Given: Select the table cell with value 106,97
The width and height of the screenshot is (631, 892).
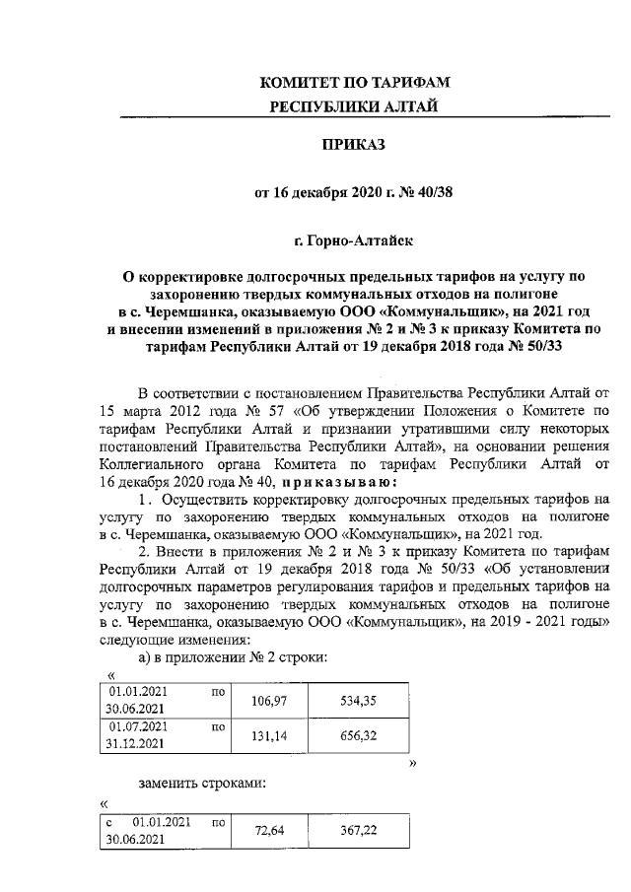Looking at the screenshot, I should pyautogui.click(x=267, y=700).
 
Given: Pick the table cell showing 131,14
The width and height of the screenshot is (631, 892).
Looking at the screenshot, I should pyautogui.click(x=267, y=735).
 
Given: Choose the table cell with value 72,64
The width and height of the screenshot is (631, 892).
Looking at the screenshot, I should pyautogui.click(x=267, y=833).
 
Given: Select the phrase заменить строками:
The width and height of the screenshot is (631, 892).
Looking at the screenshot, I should pyautogui.click(x=204, y=784).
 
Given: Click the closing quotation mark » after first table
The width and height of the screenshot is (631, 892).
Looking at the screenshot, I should pyautogui.click(x=412, y=763).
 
